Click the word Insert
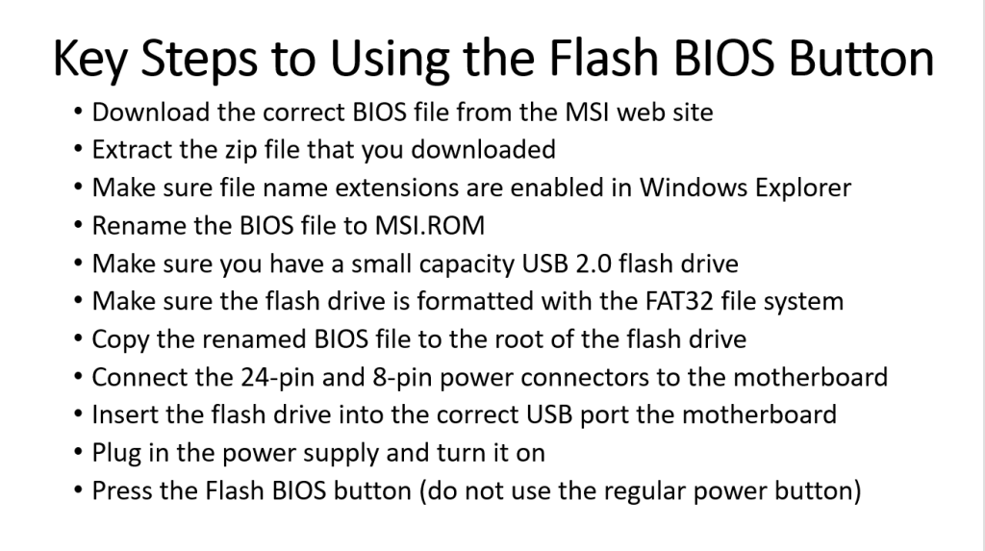coord(123,414)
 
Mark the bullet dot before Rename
coord(78,226)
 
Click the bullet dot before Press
coord(78,490)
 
